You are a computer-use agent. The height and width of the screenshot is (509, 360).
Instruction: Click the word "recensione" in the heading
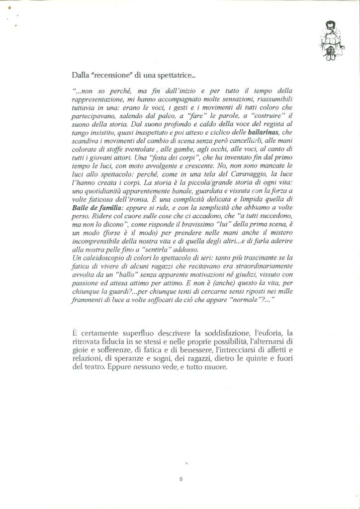coord(110,76)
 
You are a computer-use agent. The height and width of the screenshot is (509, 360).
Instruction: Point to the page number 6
coord(181,479)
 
